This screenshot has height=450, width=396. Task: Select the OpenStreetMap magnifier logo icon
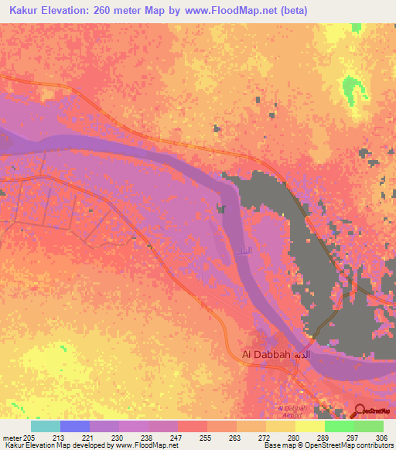click(x=359, y=410)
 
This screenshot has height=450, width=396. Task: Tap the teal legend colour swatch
click(x=46, y=426)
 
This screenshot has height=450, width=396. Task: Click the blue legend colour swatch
click(x=75, y=426)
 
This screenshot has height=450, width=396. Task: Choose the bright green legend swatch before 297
click(x=339, y=426)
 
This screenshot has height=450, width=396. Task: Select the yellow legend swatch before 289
click(x=309, y=426)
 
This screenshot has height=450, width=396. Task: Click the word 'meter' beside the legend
click(x=12, y=437)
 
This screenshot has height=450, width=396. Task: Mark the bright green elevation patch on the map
click(x=353, y=87)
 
